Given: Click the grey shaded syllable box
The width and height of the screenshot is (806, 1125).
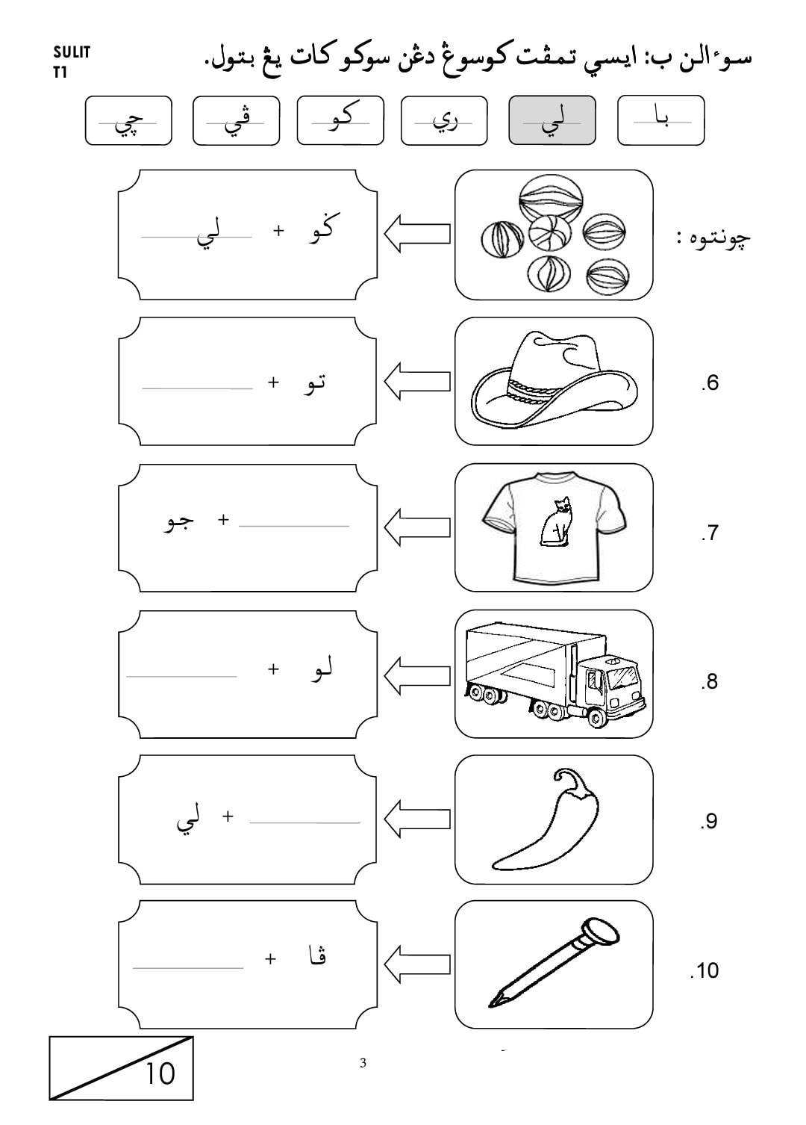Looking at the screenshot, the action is pyautogui.click(x=552, y=120).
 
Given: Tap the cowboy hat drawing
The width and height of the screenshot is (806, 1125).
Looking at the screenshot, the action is pyautogui.click(x=554, y=380).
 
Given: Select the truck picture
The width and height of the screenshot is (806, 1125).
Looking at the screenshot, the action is pyautogui.click(x=555, y=675).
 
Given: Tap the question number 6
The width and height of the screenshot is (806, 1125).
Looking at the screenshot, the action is pyautogui.click(x=710, y=383).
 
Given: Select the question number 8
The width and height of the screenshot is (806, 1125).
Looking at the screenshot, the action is pyautogui.click(x=710, y=681).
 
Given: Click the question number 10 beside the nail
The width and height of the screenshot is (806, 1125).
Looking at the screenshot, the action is pyautogui.click(x=705, y=971).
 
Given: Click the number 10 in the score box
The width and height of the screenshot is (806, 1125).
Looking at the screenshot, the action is pyautogui.click(x=160, y=1073).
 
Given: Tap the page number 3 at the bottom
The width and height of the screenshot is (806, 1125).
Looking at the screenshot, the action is pyautogui.click(x=363, y=1063).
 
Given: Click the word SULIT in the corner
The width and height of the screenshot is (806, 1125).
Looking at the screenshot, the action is pyautogui.click(x=71, y=52).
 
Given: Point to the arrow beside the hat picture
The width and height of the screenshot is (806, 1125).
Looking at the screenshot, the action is pyautogui.click(x=416, y=382).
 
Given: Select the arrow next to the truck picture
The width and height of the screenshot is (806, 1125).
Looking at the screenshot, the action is pyautogui.click(x=416, y=676).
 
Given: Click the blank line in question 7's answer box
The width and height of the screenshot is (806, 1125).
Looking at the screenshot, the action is pyautogui.click(x=294, y=526).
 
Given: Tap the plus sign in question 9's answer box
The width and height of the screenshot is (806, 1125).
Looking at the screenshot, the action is pyautogui.click(x=228, y=816).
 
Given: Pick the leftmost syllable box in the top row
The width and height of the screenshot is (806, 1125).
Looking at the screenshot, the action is pyautogui.click(x=128, y=120).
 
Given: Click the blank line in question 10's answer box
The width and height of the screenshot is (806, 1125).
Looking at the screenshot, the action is pyautogui.click(x=188, y=968).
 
